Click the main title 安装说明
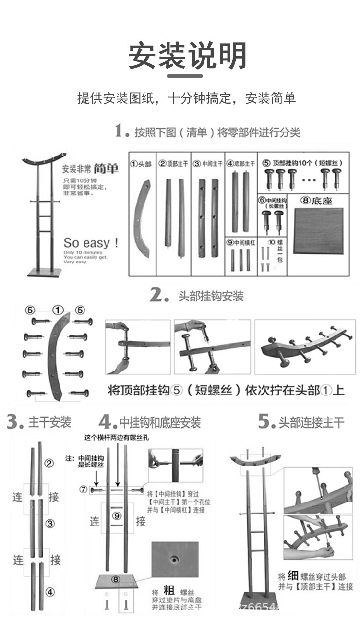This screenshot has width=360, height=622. pos(187,56)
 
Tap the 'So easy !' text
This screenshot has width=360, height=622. pos(91,242)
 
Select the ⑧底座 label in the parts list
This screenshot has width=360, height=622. pos(316,201)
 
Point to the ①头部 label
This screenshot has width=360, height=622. pos(141,164)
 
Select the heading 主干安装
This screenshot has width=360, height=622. pos(50,422)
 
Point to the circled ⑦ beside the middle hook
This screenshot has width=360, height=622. pos(84,490)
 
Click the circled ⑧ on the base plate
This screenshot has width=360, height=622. pos(116,579)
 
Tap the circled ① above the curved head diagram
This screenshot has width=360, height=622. pos(58,310)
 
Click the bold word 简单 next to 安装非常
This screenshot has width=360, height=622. pos(106,169)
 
